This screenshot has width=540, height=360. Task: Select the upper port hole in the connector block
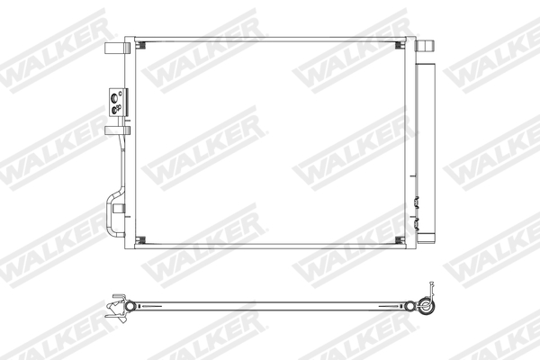(114, 92)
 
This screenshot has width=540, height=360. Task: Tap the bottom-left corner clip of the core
(139, 239)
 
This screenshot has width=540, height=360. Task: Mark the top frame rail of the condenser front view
(270, 38)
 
